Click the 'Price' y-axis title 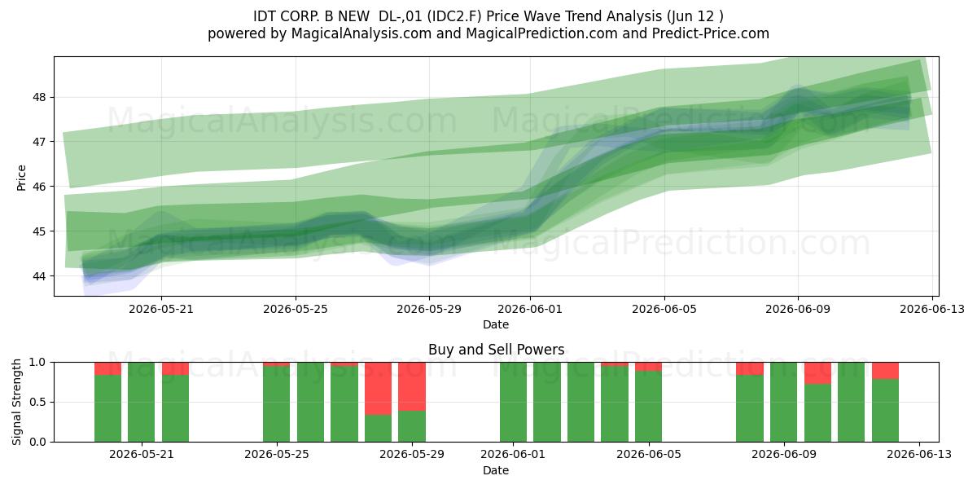point(21,178)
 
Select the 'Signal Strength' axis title point(16,402)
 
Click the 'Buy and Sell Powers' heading point(497,350)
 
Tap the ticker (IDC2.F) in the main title point(454,16)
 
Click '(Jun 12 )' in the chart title point(694,16)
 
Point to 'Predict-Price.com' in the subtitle point(711,33)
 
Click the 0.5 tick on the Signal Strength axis point(37,402)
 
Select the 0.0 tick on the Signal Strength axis point(37,442)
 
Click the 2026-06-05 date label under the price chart point(664,309)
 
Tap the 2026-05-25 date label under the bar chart point(277,455)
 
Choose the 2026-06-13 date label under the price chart point(932,309)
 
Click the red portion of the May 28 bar point(378,388)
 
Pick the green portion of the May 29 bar point(412,426)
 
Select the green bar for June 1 point(514,402)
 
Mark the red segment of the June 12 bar point(886,371)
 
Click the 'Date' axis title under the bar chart point(496,470)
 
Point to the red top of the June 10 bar point(817,373)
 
